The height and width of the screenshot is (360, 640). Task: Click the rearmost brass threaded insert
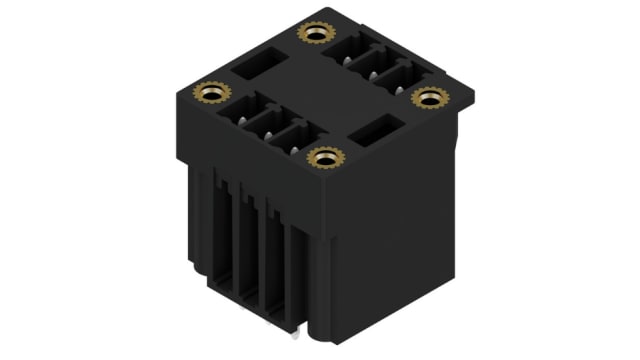point(315,35)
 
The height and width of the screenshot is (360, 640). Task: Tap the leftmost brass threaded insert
point(212,94)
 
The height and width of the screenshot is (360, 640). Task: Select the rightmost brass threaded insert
point(430,97)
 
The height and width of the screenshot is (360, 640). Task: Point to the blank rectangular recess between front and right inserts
point(373,130)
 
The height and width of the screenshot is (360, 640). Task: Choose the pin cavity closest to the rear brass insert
point(342,51)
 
